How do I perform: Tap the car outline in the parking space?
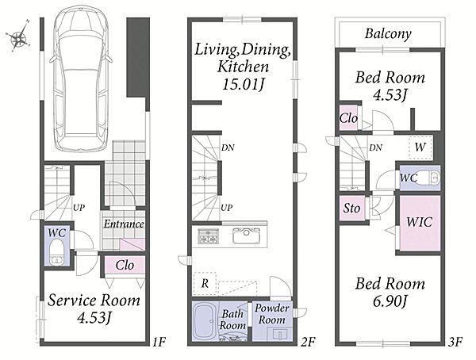point(82,79)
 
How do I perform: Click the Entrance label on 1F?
point(124,224)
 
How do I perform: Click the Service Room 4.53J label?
point(94,308)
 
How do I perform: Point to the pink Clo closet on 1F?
point(125,266)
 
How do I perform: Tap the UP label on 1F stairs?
point(79,208)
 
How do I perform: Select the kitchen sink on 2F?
point(247,236)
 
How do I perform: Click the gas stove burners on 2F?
point(208,236)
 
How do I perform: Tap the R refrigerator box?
point(205,284)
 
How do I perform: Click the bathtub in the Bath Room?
point(205,321)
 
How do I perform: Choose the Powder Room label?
point(271,314)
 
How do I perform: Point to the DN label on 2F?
point(228,147)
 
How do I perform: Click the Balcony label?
point(388,33)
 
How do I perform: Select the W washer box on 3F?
point(420,147)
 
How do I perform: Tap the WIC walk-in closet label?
point(419,222)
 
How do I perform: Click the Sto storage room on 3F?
point(352,209)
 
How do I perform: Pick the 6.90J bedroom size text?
point(390,301)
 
